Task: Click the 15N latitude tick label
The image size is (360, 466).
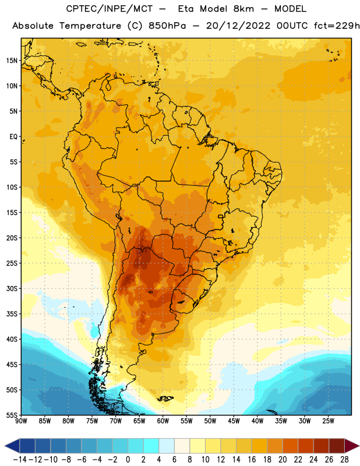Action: pyautogui.click(x=12, y=61)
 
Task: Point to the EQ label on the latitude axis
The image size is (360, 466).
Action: pyautogui.click(x=13, y=137)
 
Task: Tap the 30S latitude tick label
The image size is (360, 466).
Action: pyautogui.click(x=12, y=288)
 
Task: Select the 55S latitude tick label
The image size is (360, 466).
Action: pyautogui.click(x=12, y=415)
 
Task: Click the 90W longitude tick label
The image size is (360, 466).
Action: pyautogui.click(x=21, y=421)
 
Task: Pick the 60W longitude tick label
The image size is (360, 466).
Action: pyautogui.click(x=163, y=421)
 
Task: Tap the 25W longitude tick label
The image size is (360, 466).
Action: pyautogui.click(x=328, y=421)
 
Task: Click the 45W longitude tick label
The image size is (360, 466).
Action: pyautogui.click(x=234, y=421)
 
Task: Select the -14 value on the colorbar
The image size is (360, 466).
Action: pyautogui.click(x=20, y=460)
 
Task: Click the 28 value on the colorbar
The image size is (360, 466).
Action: pyautogui.click(x=344, y=460)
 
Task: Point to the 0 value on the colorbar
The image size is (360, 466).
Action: pyautogui.click(x=128, y=460)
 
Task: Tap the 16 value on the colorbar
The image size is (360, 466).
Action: pyautogui.click(x=252, y=460)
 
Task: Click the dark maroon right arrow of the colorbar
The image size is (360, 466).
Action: pyautogui.click(x=351, y=446)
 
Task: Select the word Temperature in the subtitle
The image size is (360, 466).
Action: pyautogui.click(x=90, y=26)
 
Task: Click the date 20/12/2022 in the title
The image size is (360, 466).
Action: pyautogui.click(x=238, y=26)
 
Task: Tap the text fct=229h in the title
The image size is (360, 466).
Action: pyautogui.click(x=337, y=26)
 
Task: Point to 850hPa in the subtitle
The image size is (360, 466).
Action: pyautogui.click(x=167, y=26)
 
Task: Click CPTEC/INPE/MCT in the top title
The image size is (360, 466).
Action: pyautogui.click(x=110, y=9)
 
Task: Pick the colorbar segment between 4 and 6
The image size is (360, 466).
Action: pyautogui.click(x=167, y=446)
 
